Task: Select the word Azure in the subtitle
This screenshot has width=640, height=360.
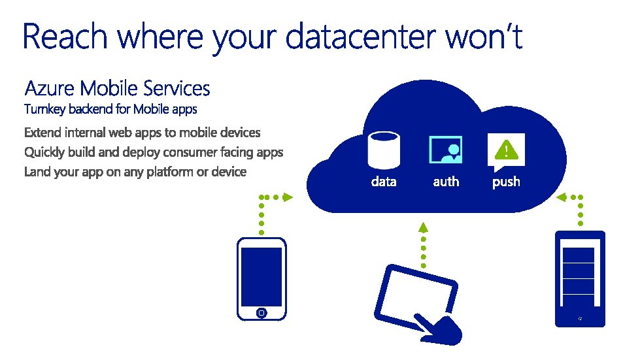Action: (50, 88)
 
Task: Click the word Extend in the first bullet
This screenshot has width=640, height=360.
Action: (43, 133)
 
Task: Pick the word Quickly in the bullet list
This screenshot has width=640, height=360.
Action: (45, 152)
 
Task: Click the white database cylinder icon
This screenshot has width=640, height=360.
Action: (383, 150)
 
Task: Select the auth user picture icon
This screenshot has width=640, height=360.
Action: (445, 150)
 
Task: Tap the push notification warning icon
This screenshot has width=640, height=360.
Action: (506, 150)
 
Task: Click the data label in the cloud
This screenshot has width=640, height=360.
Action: (384, 182)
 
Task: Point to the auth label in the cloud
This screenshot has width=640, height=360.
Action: (446, 182)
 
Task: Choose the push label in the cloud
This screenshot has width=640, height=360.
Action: (506, 182)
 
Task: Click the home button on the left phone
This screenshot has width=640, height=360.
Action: (261, 313)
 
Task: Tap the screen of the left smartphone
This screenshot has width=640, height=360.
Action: (261, 276)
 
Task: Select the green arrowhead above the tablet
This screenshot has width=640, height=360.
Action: (423, 227)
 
